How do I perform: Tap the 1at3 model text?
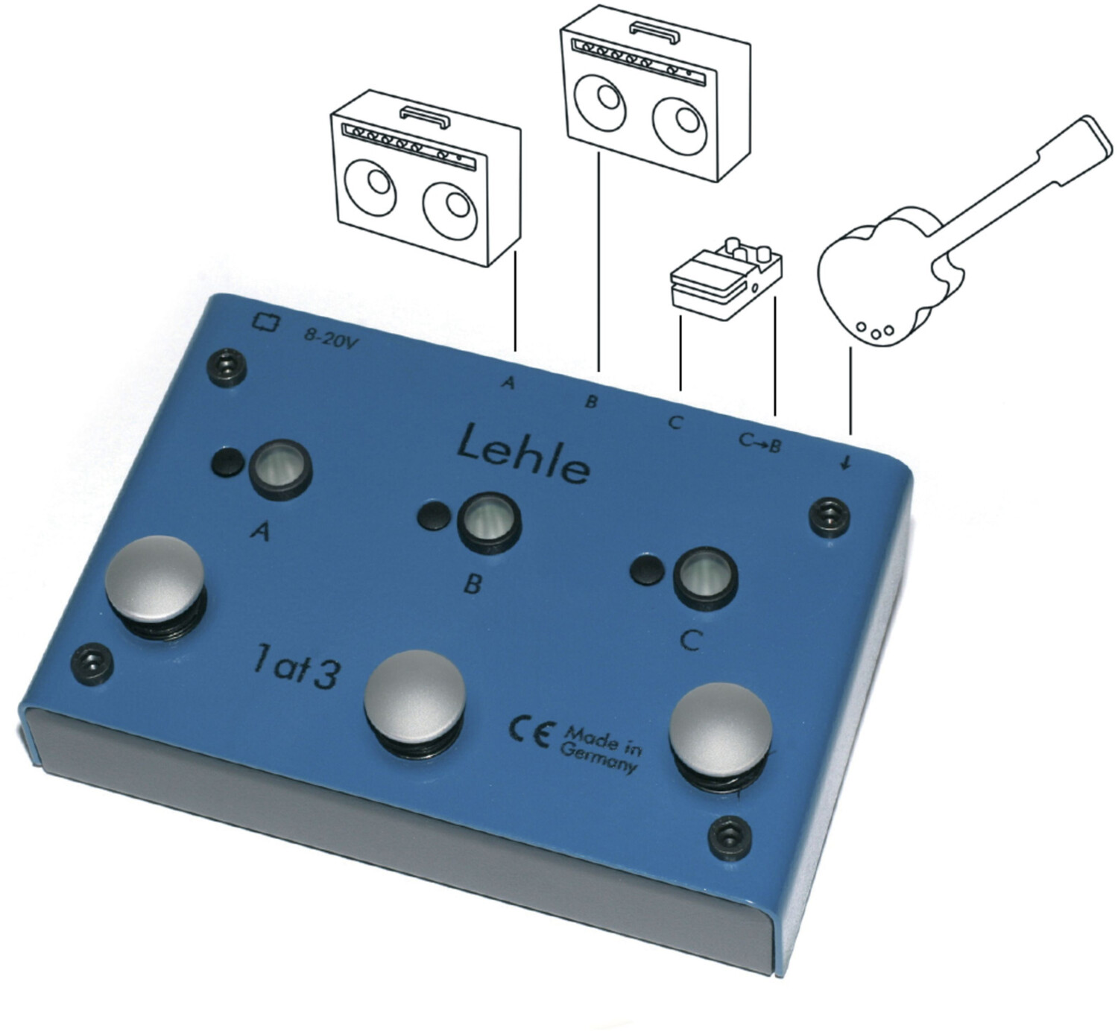point(295,668)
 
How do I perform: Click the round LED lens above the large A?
point(279,466)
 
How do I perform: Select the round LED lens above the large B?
point(489,521)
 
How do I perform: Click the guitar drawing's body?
point(878,276)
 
